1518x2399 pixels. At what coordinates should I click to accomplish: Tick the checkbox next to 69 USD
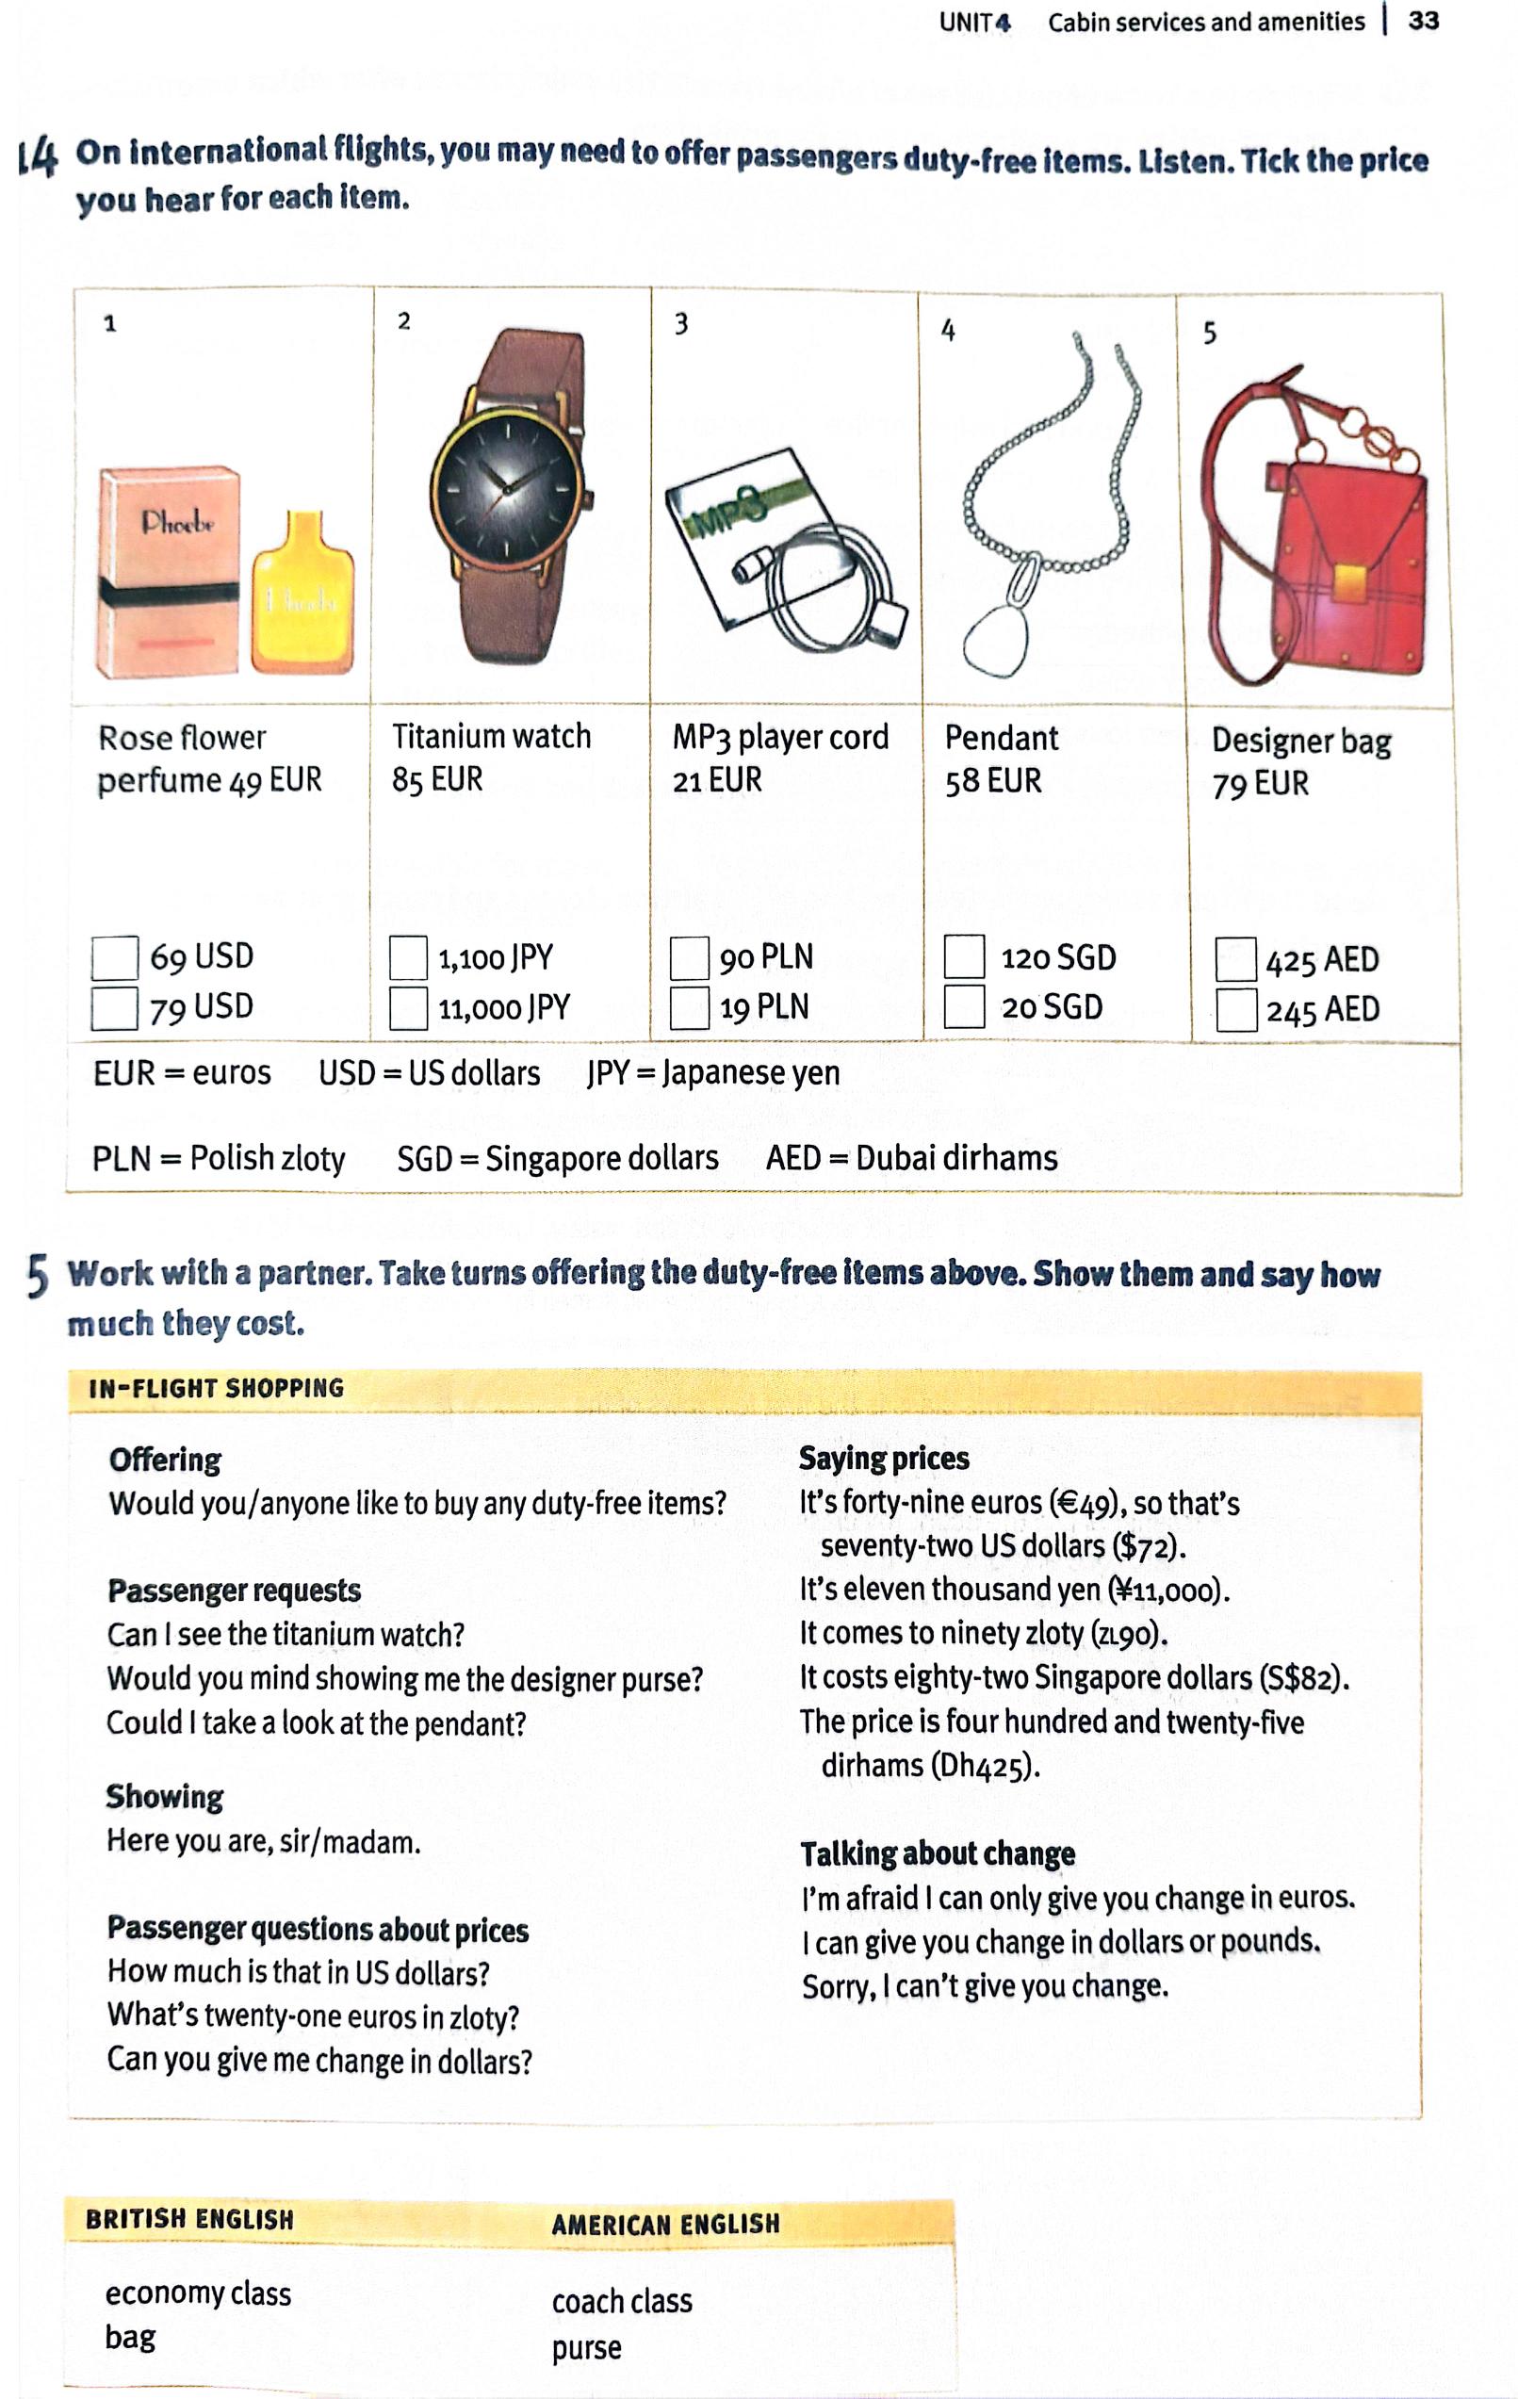click(115, 958)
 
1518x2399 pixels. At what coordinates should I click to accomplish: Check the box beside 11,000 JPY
click(408, 1007)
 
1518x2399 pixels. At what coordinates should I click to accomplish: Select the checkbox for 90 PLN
click(690, 958)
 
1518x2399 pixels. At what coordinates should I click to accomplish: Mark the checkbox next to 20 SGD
click(964, 1006)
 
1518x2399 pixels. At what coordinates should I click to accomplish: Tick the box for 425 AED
click(1235, 959)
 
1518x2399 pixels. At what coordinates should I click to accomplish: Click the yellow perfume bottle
click(302, 594)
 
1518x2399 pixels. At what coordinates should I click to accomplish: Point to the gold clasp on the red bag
click(1350, 584)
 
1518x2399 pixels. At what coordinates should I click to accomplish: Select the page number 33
click(1424, 21)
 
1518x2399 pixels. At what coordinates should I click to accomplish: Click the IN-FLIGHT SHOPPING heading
click(216, 1388)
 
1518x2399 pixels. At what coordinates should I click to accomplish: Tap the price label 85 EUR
click(437, 779)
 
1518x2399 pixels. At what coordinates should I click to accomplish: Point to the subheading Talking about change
click(938, 1853)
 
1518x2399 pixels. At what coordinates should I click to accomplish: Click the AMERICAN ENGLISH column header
click(665, 2225)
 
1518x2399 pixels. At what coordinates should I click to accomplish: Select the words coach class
click(622, 2301)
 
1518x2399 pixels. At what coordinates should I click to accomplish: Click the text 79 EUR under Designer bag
click(1260, 784)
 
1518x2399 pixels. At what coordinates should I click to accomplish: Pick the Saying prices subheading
click(884, 1459)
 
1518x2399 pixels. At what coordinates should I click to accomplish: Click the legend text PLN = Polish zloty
click(219, 1158)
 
